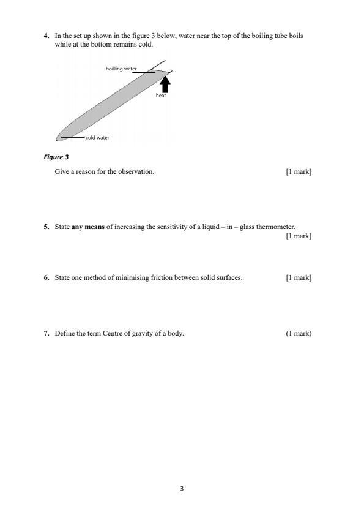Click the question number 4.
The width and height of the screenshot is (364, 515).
coord(46,36)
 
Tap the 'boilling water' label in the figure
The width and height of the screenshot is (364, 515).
coord(121,69)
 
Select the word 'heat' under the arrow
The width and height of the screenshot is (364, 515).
coord(161,96)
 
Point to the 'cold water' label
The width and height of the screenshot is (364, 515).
coord(97,138)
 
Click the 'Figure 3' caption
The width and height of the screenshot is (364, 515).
coord(56,157)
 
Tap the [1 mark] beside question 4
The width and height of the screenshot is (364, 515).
coord(299,171)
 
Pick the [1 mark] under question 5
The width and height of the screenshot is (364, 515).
coord(299,236)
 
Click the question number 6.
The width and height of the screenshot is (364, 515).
coord(46,277)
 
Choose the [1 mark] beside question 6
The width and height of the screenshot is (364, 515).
coord(299,277)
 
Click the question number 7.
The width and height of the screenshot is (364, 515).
coord(46,334)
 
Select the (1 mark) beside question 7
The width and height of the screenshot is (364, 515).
coord(299,334)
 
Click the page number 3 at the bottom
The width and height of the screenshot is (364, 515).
coord(182,488)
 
